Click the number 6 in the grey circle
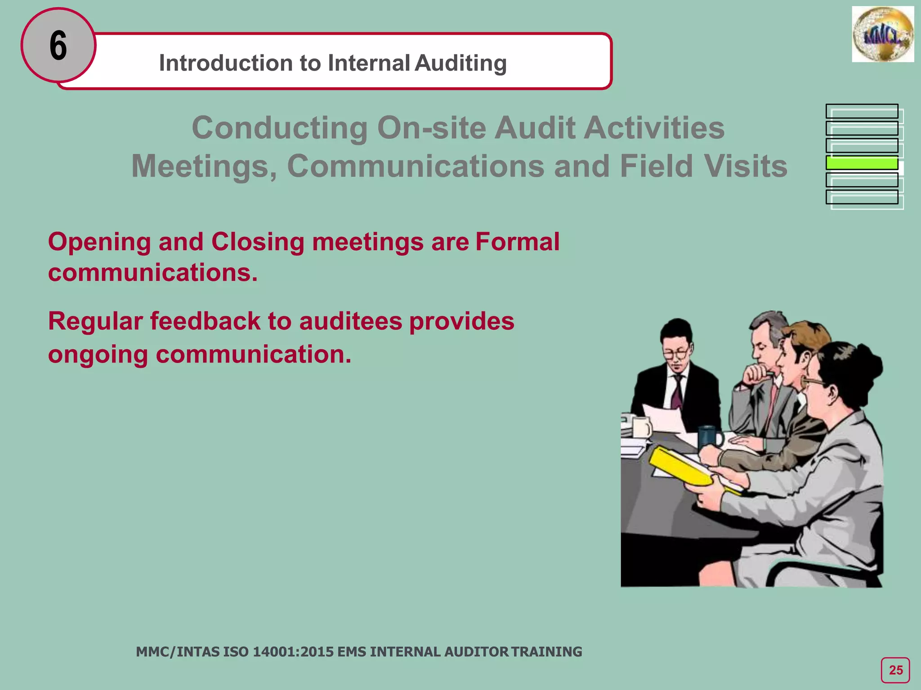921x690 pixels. click(58, 45)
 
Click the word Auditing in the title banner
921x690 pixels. click(461, 63)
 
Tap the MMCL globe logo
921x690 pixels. click(882, 35)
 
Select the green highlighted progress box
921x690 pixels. click(862, 163)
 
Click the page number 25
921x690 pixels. click(895, 670)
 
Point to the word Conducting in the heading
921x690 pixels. click(279, 128)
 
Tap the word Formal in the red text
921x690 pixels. click(517, 242)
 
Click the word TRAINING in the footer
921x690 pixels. click(546, 651)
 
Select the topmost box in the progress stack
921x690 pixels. click(862, 111)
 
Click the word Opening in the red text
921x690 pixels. click(99, 242)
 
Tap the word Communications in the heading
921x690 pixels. click(416, 166)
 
